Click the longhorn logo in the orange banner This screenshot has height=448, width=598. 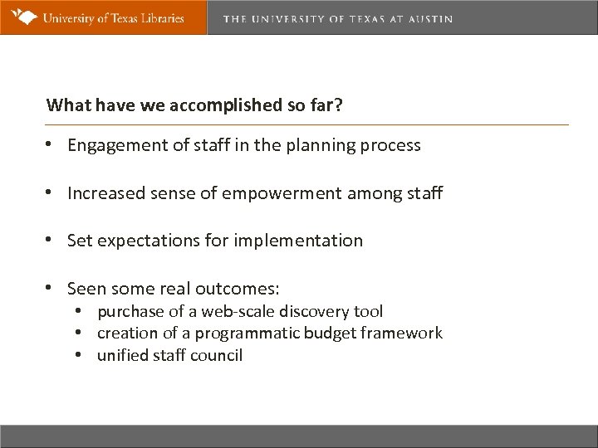(x=25, y=17)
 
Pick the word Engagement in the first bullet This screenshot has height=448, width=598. (x=114, y=146)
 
